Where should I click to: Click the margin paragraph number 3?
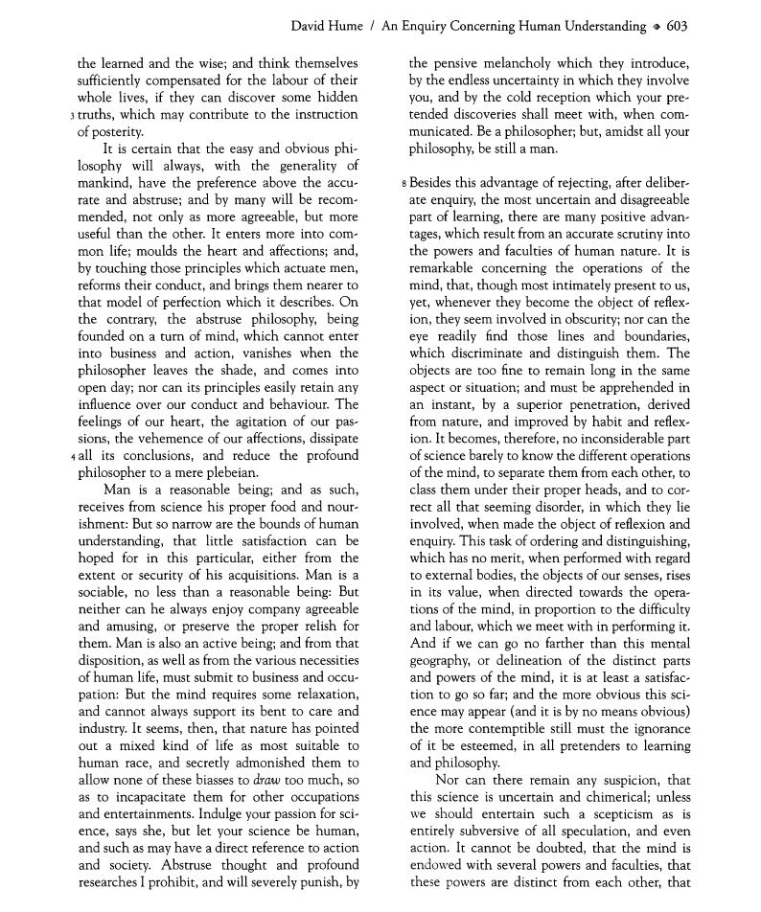point(72,116)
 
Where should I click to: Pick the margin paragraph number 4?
point(72,455)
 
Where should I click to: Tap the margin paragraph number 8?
point(404,182)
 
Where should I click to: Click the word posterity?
point(109,132)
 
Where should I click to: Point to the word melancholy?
point(512,66)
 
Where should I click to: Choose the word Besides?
point(431,181)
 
